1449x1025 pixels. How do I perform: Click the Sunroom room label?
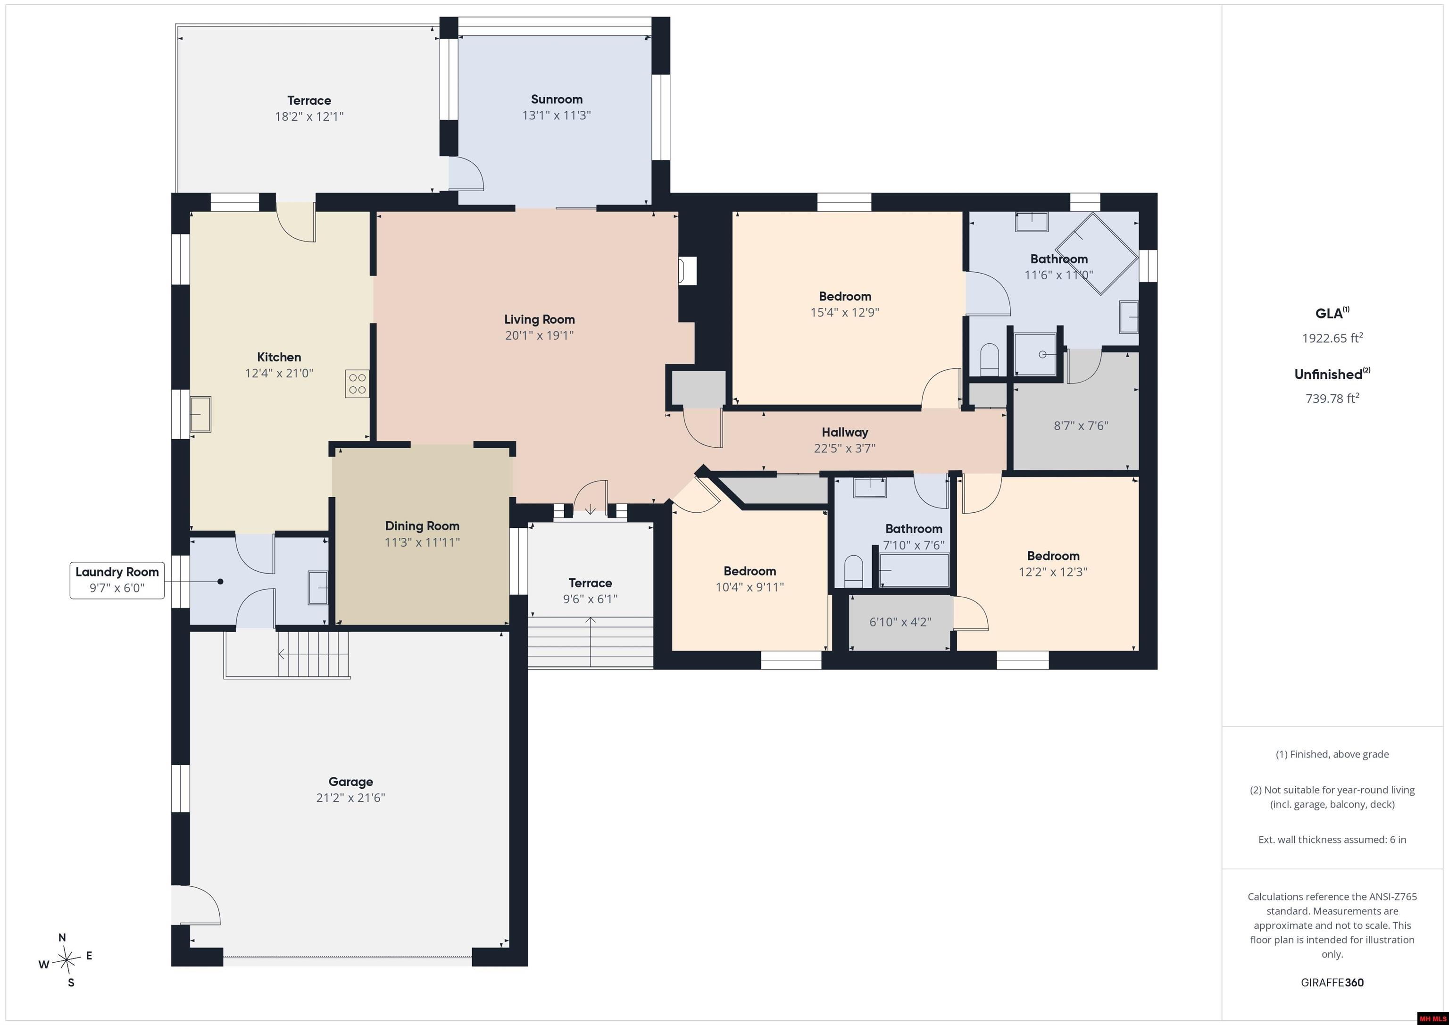click(x=556, y=99)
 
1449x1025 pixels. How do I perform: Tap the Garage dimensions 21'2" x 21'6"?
click(x=350, y=798)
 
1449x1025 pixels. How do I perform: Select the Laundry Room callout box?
click(x=117, y=580)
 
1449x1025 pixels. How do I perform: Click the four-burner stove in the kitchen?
click(x=357, y=384)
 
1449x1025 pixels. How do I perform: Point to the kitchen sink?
click(x=200, y=414)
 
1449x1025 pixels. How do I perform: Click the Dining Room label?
click(x=422, y=526)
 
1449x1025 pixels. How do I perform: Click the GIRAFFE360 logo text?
click(x=1332, y=983)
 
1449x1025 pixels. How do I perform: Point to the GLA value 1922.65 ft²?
click(x=1332, y=338)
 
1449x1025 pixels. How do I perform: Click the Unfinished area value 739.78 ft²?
click(x=1332, y=398)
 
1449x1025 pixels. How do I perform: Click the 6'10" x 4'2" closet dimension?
click(x=900, y=622)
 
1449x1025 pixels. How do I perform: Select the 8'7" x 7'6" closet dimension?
click(x=1081, y=425)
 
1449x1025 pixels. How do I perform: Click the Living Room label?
click(x=539, y=319)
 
